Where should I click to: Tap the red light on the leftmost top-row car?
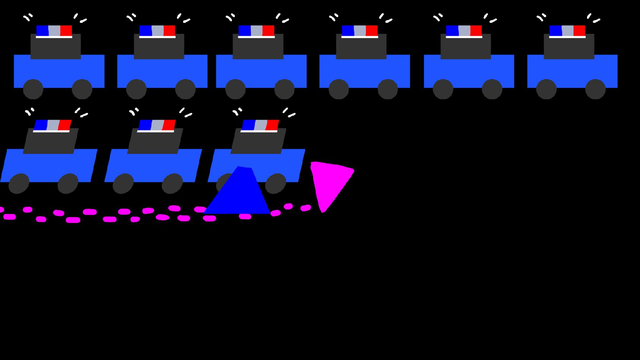coord(66,30)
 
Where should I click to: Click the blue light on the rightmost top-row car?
coord(555,30)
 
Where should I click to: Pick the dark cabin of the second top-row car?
coord(159,46)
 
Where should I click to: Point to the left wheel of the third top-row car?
coord(235,89)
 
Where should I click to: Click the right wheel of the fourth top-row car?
coord(388,89)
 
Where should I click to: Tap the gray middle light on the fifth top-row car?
coord(464,30)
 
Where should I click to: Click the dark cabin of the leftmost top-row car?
coord(55,46)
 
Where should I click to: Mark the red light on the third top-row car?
coord(268,30)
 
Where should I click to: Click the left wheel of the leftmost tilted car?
coord(19,183)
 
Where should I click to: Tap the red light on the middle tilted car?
coord(169,125)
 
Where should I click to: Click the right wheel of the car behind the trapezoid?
coord(276,183)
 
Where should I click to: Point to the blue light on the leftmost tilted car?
coord(41,125)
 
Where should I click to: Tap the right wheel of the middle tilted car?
coord(172,183)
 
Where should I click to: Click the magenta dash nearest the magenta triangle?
coord(306,208)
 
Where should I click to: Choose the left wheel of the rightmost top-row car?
coord(546,89)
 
